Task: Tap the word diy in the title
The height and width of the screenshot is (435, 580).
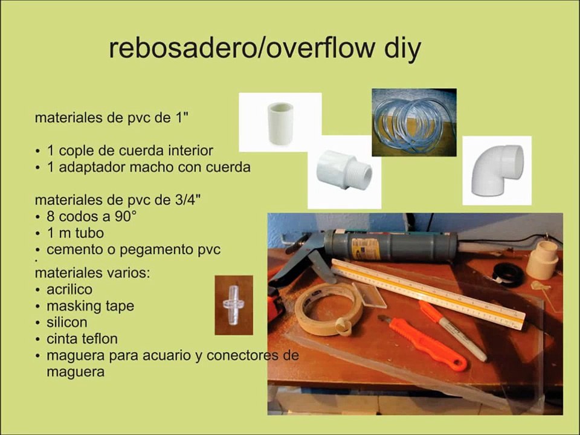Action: click(x=402, y=50)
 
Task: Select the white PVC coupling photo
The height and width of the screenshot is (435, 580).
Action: click(x=280, y=123)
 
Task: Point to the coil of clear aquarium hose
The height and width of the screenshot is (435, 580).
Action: click(x=414, y=122)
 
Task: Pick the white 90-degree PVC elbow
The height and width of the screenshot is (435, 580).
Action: click(x=497, y=170)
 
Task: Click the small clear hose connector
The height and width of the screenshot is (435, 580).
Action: click(x=233, y=305)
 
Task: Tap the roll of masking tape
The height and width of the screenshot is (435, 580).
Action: click(x=328, y=310)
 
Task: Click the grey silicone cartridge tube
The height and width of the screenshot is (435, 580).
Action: click(x=391, y=246)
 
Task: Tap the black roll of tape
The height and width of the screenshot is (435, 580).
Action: click(x=508, y=275)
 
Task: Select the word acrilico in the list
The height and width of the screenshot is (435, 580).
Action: click(x=69, y=289)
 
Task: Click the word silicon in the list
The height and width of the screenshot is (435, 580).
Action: click(x=67, y=322)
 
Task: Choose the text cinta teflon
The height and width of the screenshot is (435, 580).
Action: click(x=82, y=338)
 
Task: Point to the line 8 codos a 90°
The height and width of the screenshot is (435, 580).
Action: click(x=91, y=216)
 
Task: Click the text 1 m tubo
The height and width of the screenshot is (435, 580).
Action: click(x=75, y=233)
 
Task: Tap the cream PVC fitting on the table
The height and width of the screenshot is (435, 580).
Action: click(x=543, y=260)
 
